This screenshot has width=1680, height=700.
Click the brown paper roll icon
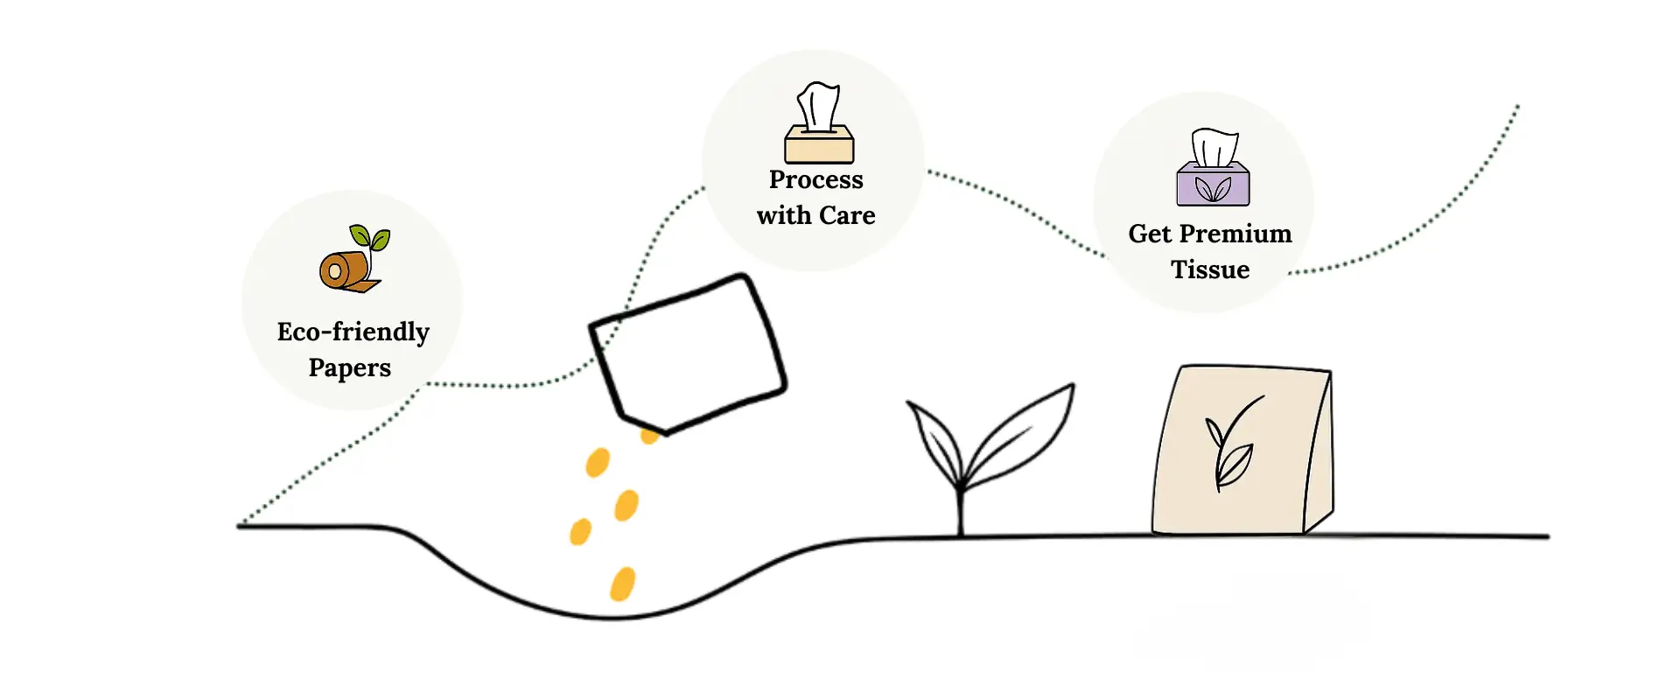[x=345, y=270]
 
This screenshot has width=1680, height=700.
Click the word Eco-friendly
[x=353, y=332]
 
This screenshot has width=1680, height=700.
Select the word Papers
[x=349, y=367]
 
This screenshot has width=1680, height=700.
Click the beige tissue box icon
[x=819, y=143]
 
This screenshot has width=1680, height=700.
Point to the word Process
[x=815, y=179]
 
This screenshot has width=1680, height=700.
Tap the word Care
[x=847, y=215]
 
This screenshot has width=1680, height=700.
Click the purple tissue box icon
[x=1213, y=185]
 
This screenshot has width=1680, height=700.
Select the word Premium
[x=1235, y=234]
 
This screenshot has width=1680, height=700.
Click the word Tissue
[x=1210, y=269]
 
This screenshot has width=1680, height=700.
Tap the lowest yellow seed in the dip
[x=622, y=584]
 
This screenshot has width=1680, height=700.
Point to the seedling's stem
[x=961, y=512]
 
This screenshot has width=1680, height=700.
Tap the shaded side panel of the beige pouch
[x=1319, y=455]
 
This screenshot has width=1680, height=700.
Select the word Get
[x=1150, y=234]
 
